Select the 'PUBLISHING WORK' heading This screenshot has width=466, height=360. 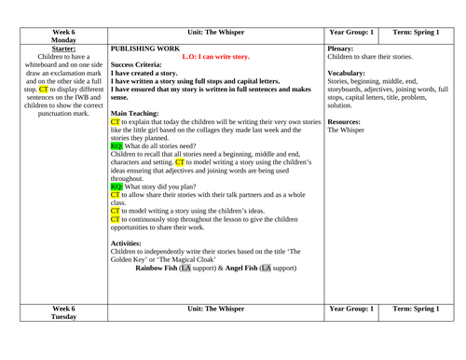144,44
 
